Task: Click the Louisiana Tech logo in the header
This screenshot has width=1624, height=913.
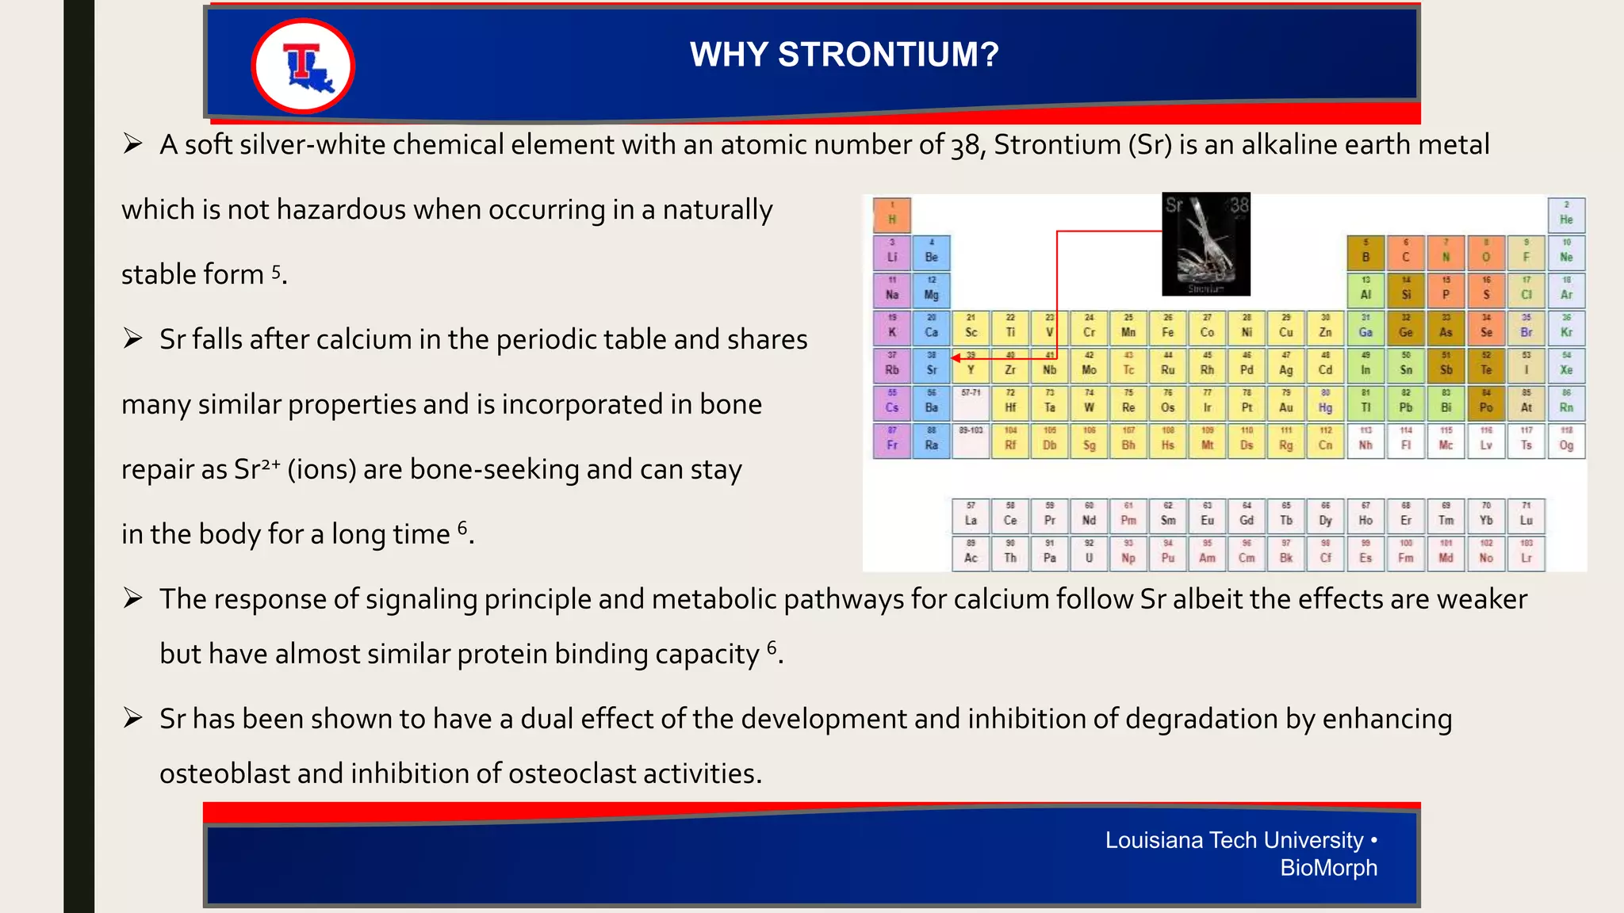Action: (x=303, y=67)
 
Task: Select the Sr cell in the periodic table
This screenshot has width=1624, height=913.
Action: (x=932, y=365)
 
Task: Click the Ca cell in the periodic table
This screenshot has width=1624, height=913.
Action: (x=932, y=327)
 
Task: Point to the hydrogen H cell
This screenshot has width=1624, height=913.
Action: (x=892, y=215)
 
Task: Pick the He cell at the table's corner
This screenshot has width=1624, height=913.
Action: (x=1566, y=215)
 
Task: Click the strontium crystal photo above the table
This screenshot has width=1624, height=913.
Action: (x=1206, y=243)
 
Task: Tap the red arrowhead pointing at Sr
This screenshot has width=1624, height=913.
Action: (x=956, y=358)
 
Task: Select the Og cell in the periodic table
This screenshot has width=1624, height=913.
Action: (x=1566, y=440)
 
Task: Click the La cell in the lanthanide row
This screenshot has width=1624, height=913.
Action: (x=971, y=515)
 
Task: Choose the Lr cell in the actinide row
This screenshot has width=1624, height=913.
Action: (x=1526, y=553)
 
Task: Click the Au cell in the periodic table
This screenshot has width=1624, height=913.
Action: (x=1286, y=403)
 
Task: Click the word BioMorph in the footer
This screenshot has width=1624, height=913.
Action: (x=1328, y=868)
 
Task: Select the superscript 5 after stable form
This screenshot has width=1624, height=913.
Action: (x=276, y=271)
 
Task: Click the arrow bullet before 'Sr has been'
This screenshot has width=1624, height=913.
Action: (x=132, y=718)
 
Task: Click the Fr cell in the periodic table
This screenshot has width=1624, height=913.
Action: (x=892, y=440)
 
